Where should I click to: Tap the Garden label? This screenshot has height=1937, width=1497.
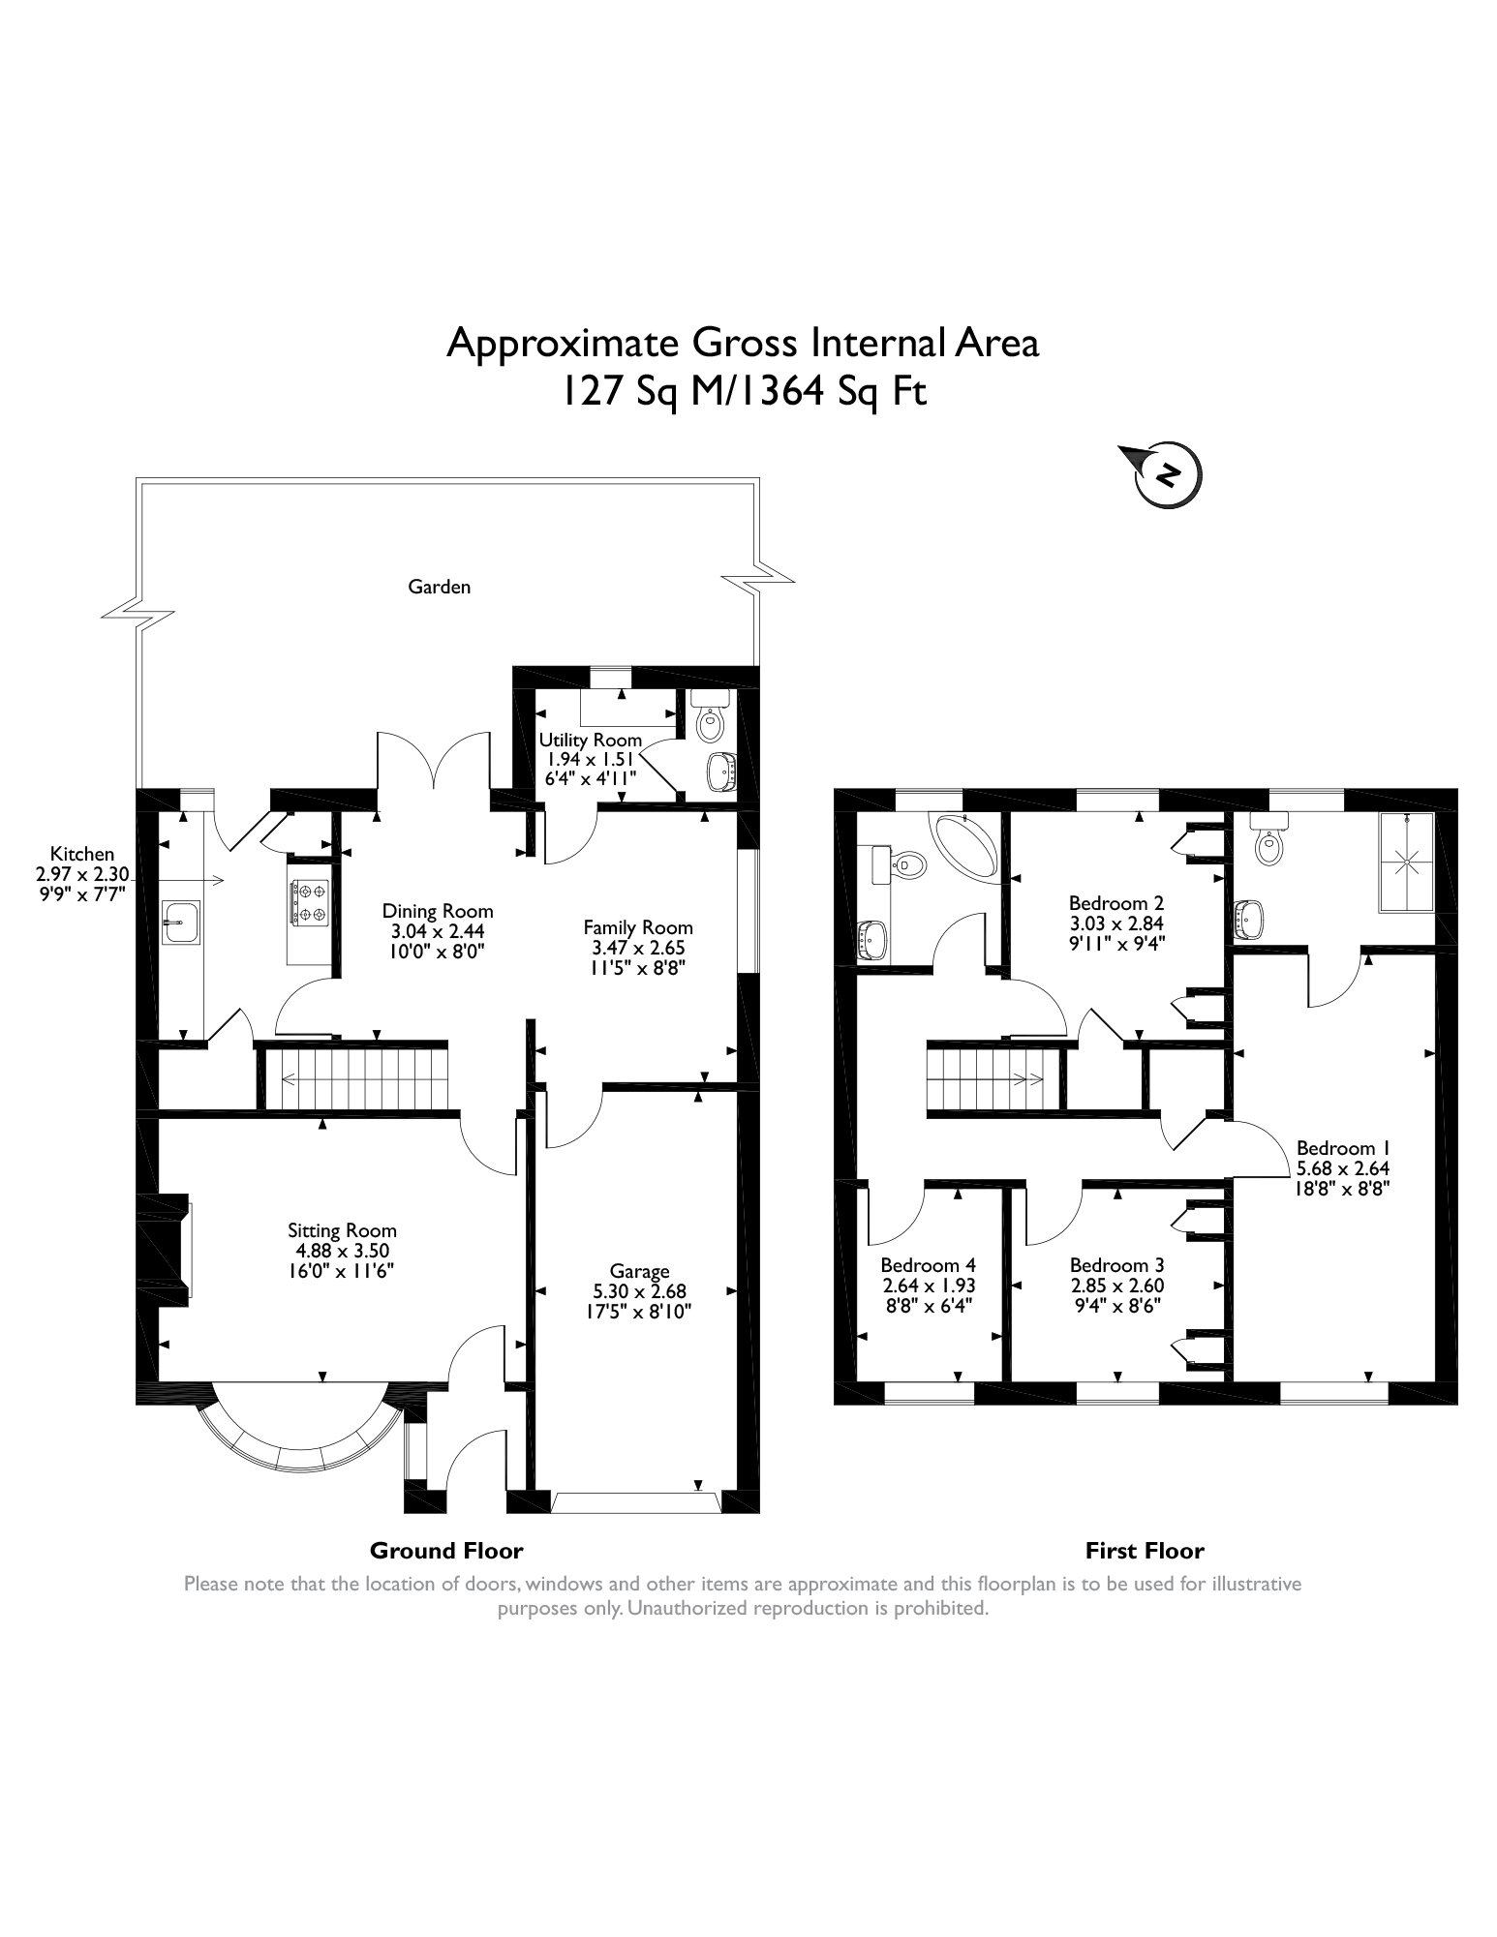click(439, 587)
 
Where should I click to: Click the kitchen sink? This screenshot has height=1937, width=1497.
click(180, 921)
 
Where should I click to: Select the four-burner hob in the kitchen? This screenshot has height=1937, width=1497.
click(308, 901)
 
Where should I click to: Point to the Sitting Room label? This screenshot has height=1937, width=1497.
click(342, 1230)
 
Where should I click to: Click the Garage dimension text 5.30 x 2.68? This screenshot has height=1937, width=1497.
click(639, 1291)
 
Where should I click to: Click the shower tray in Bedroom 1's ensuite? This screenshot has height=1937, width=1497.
click(1406, 861)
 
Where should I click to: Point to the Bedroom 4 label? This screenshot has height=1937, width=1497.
click(928, 1265)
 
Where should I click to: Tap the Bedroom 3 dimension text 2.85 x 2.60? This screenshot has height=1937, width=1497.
click(1116, 1286)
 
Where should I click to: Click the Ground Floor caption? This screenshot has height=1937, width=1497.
click(446, 1552)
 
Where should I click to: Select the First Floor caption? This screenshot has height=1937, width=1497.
click(1145, 1552)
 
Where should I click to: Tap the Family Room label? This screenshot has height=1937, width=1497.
click(638, 927)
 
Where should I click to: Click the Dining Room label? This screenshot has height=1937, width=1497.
click(438, 911)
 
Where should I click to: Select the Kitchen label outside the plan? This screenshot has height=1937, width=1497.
click(82, 854)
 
